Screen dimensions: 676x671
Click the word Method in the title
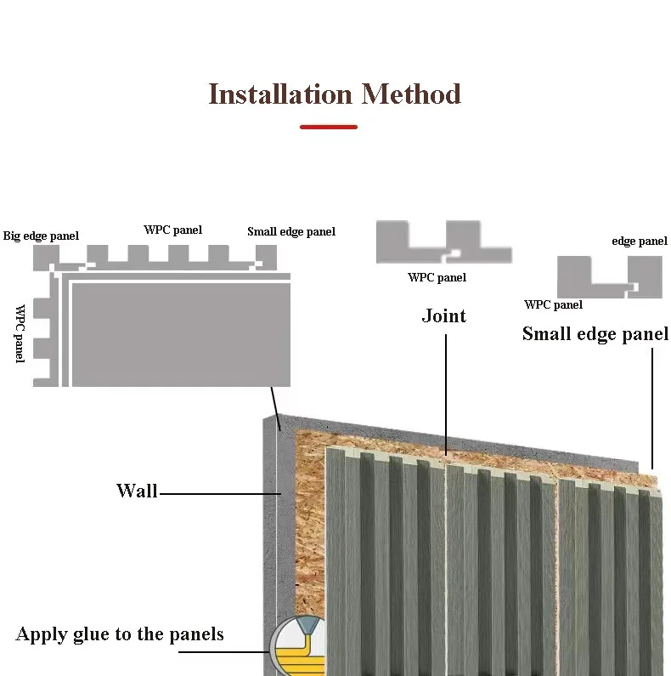tap(411, 94)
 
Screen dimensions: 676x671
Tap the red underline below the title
tap(329, 127)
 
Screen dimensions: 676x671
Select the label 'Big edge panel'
tap(41, 236)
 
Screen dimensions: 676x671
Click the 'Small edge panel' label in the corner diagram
tap(291, 231)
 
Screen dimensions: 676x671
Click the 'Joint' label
tap(444, 316)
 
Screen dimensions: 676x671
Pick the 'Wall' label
tap(137, 491)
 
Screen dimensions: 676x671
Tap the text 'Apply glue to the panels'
tap(120, 633)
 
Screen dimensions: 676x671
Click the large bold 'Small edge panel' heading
tap(595, 333)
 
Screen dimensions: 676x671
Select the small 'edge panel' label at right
tap(640, 241)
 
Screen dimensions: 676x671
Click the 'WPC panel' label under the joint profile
tap(437, 277)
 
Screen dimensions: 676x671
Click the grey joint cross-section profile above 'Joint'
tap(443, 242)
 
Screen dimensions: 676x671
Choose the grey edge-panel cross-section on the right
tap(608, 276)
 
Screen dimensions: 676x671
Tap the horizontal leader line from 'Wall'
tap(218, 493)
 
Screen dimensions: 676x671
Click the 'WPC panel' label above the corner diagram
tap(172, 230)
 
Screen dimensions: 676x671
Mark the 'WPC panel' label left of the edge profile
tap(554, 304)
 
